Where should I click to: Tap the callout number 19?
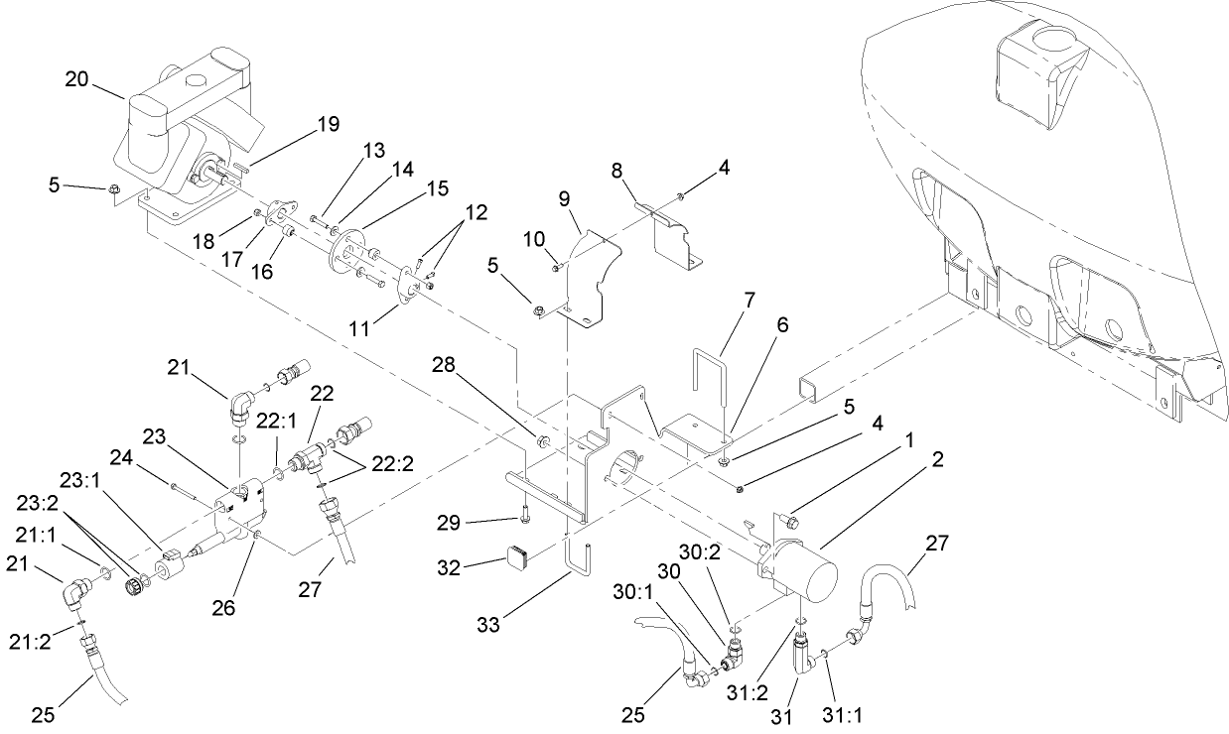coord(327,124)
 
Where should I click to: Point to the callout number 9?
coord(563,198)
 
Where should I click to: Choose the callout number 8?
coord(644,171)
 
